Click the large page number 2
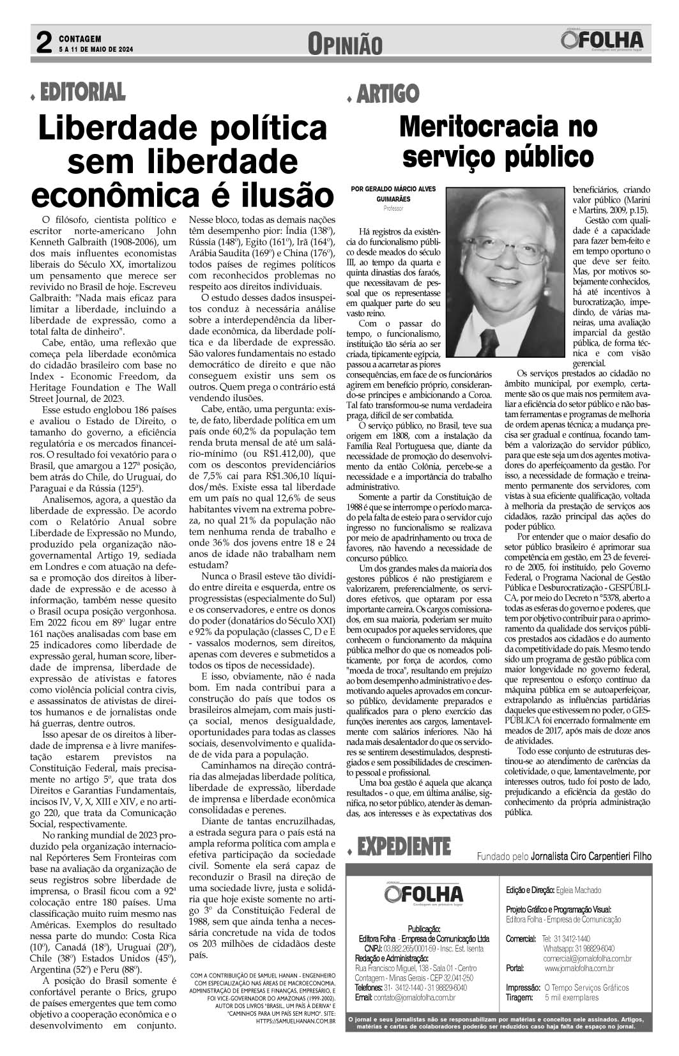click(x=43, y=43)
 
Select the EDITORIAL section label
click(x=82, y=93)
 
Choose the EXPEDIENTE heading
click(x=404, y=847)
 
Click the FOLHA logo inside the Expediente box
click(x=424, y=894)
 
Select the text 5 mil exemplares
click(x=572, y=997)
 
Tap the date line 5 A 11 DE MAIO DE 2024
click(x=96, y=49)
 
